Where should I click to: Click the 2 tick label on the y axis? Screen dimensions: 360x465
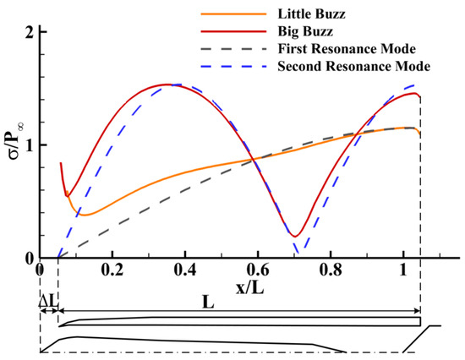click(x=29, y=32)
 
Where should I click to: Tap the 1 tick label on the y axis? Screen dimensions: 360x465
click(x=29, y=145)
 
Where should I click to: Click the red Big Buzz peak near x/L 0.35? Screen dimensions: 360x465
click(x=166, y=85)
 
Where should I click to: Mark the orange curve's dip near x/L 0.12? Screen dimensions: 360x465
click(x=85, y=215)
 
